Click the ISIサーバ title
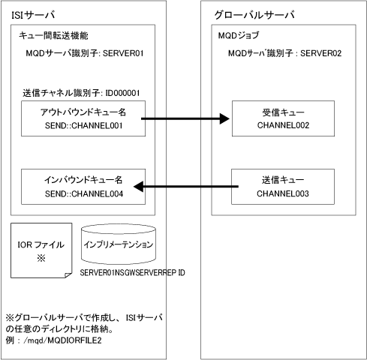pyautogui.click(x=33, y=15)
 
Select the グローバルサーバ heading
pyautogui.click(x=254, y=15)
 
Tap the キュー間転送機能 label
pyautogui.click(x=53, y=36)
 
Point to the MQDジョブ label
pyautogui.click(x=239, y=35)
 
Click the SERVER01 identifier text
pyautogui.click(x=123, y=53)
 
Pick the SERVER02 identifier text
pyautogui.click(x=320, y=53)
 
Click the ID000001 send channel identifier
pyautogui.click(x=122, y=93)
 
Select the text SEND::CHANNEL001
pyautogui.click(x=83, y=125)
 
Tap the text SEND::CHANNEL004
pyautogui.click(x=84, y=193)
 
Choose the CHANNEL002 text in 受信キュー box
pyautogui.click(x=283, y=125)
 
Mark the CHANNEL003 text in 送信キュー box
pyautogui.click(x=283, y=193)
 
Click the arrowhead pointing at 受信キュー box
pyautogui.click(x=224, y=118)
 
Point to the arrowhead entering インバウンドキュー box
pyautogui.click(x=138, y=187)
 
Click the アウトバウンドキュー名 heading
pyautogui.click(x=83, y=112)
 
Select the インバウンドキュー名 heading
pyautogui.click(x=83, y=180)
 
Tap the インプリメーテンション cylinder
pyautogui.click(x=119, y=244)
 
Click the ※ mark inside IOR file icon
pyautogui.click(x=41, y=258)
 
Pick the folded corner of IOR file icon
pyautogui.click(x=68, y=275)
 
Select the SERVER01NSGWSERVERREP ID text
pyautogui.click(x=132, y=272)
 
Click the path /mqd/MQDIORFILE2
pyautogui.click(x=62, y=340)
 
